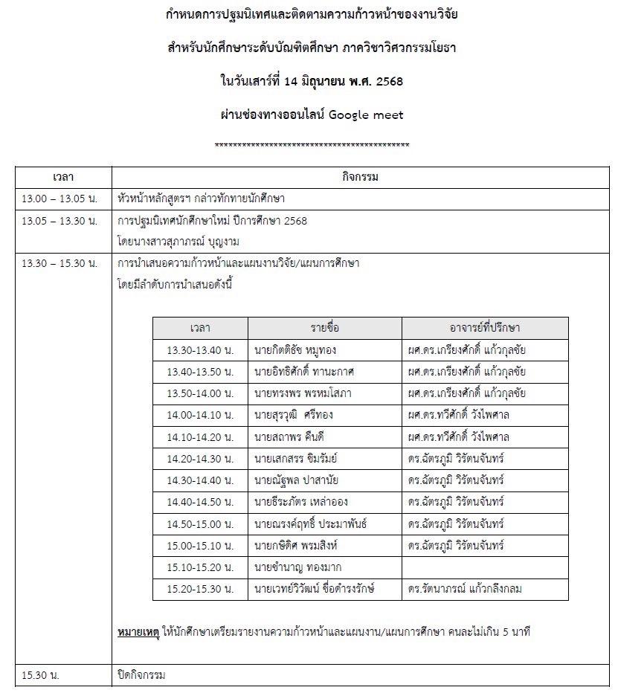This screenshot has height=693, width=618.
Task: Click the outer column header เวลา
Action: pos(63,178)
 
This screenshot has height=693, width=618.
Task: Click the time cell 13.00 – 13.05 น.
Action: pos(59,199)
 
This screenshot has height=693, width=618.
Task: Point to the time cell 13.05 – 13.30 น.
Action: pos(59,221)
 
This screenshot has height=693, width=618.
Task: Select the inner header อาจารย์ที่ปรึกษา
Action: pos(485,328)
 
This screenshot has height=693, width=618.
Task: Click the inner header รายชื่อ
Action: pos(325,328)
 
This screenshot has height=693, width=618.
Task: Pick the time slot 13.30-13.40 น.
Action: pos(200,349)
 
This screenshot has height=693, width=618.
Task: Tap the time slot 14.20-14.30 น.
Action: pos(200,458)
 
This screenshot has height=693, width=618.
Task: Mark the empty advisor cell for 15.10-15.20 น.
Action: pos(485,567)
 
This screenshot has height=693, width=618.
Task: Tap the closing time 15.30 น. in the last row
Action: pos(41,675)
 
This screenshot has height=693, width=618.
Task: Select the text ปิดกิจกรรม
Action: pos(141,675)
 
